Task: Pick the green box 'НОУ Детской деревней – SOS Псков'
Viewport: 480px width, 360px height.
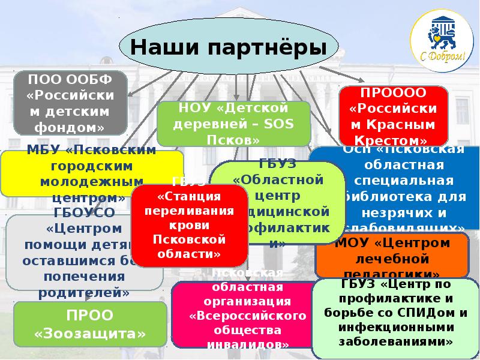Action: point(233,124)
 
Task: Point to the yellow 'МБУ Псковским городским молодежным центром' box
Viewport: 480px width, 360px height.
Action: point(91,173)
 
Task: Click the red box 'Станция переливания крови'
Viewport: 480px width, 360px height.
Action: point(190,225)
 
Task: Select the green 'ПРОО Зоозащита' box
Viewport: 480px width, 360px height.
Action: point(90,324)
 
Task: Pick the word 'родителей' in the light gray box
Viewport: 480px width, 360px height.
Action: point(84,292)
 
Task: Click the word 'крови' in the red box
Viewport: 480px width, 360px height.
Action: point(190,226)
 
